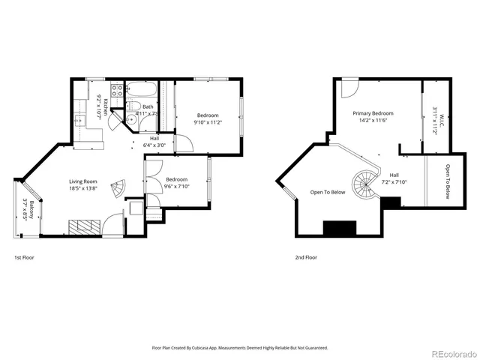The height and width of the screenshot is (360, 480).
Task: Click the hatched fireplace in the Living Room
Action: tap(84, 226)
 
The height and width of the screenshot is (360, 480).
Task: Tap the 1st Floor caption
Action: tap(24, 257)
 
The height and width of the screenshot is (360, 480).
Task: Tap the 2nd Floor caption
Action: tap(305, 257)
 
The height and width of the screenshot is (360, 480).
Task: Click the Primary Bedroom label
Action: tap(373, 112)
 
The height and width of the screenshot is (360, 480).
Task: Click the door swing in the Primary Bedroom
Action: tap(348, 88)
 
